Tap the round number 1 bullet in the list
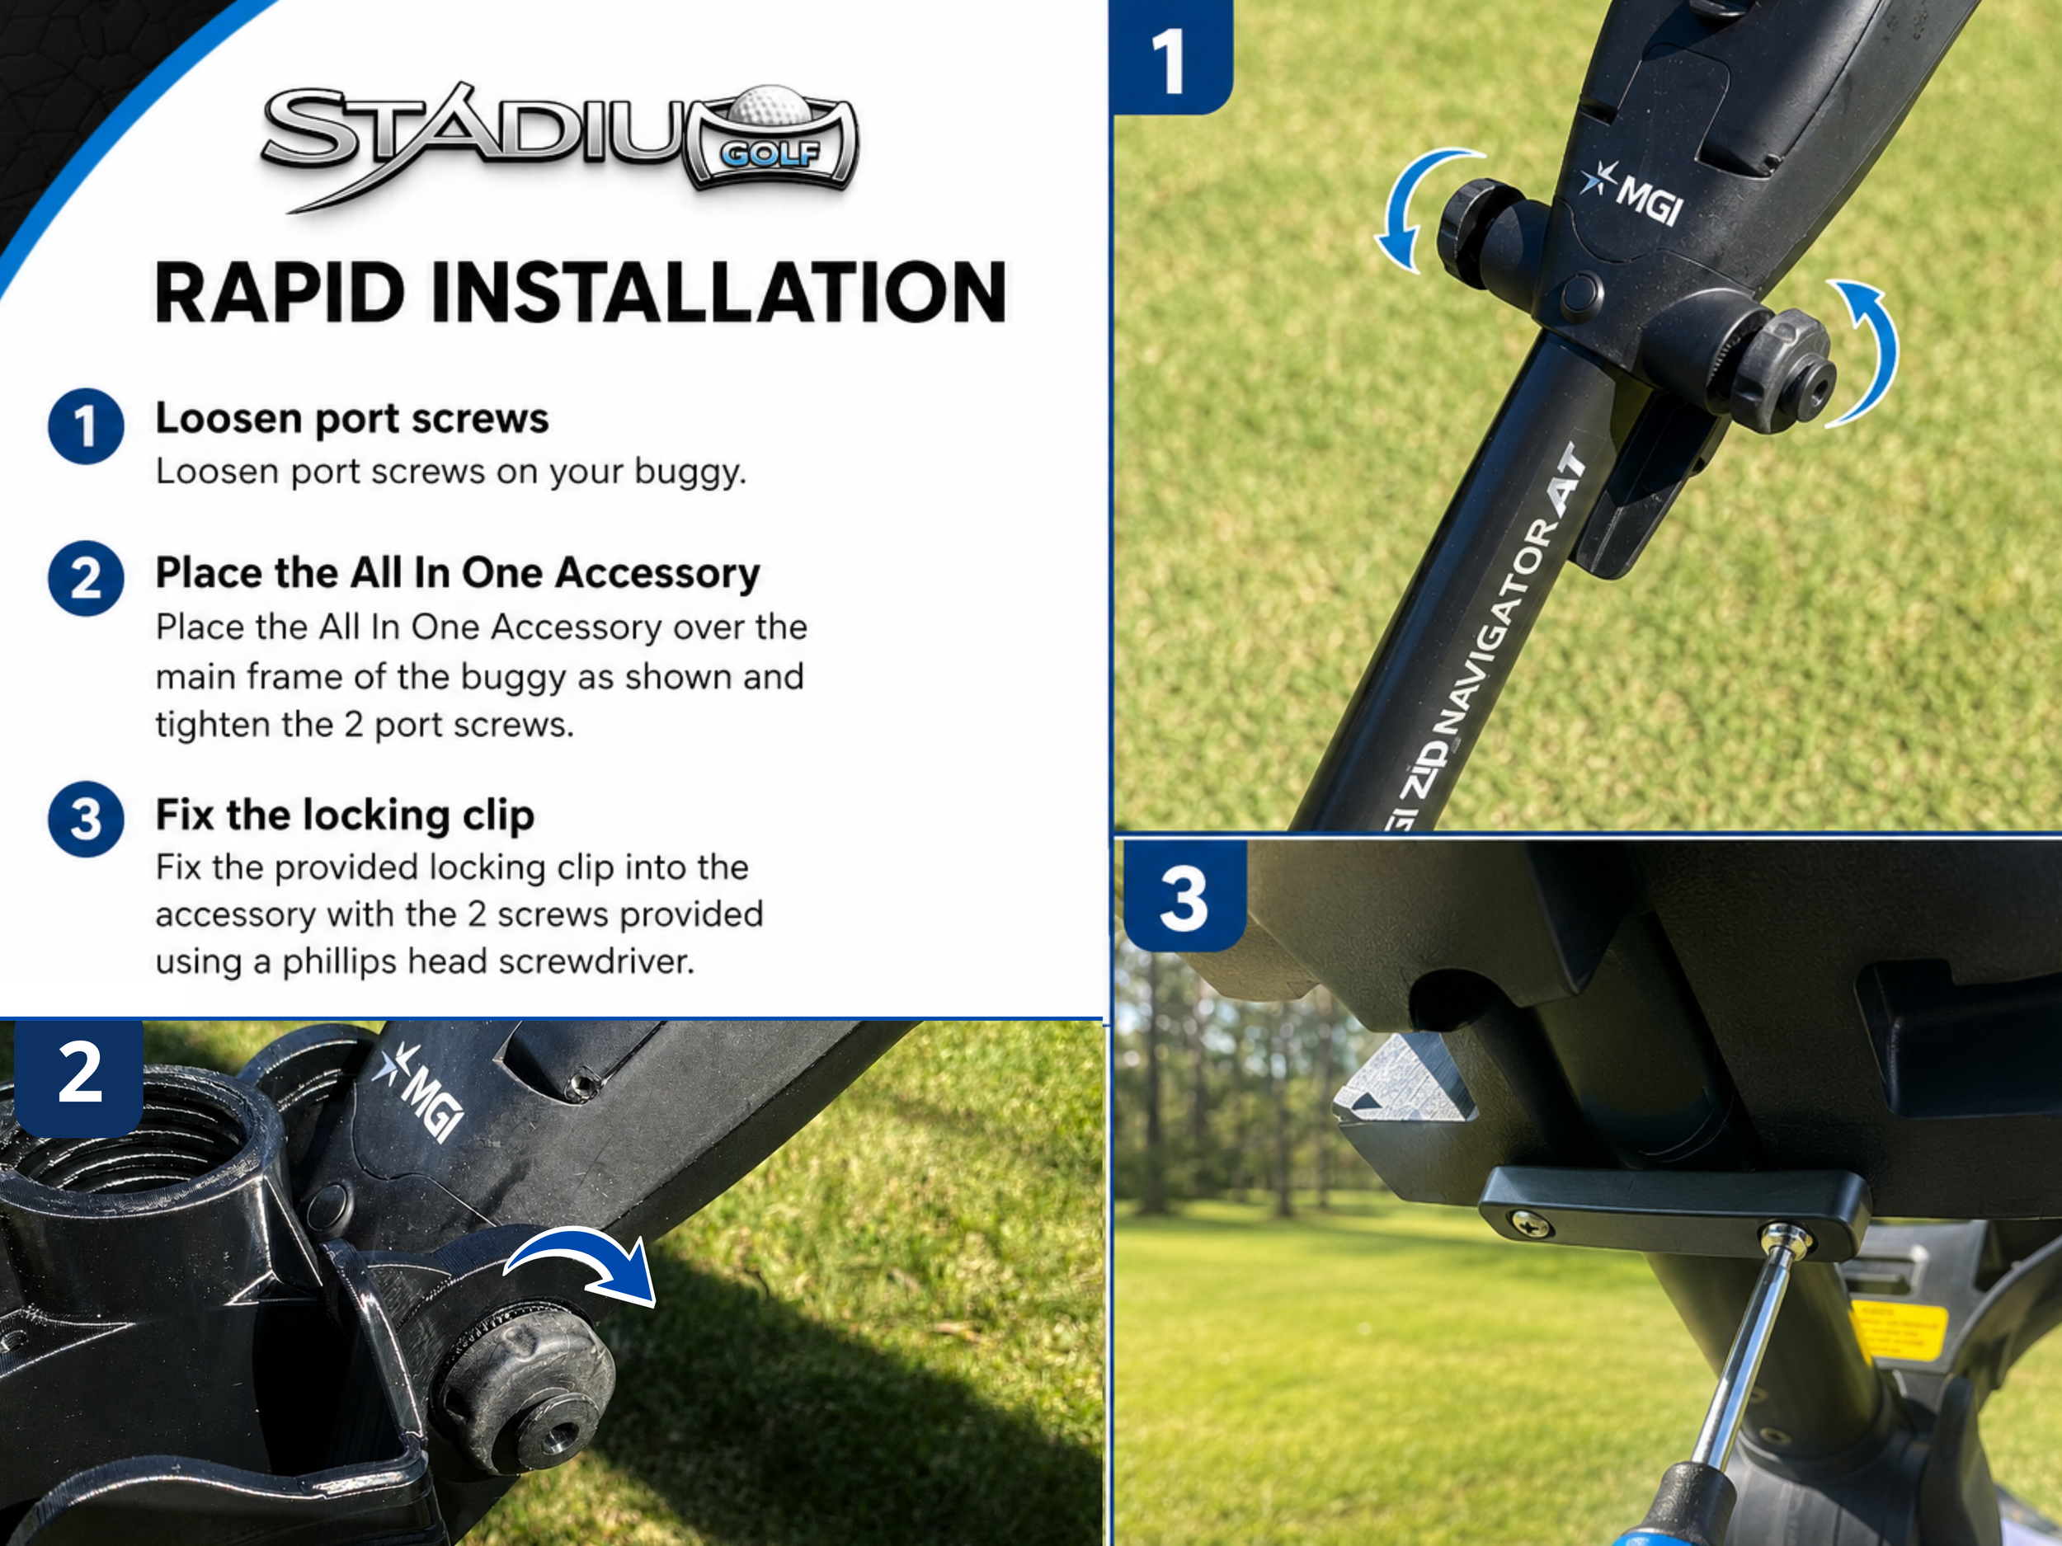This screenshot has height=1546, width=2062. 86,426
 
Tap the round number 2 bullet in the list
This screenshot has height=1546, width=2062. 86,578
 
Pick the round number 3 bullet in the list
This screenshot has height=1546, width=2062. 86,819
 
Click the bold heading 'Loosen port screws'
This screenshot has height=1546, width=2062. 352,418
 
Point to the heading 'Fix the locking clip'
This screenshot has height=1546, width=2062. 345,815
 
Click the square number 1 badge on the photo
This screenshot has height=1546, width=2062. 1173,58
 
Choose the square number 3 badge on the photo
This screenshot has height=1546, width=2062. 1184,896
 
